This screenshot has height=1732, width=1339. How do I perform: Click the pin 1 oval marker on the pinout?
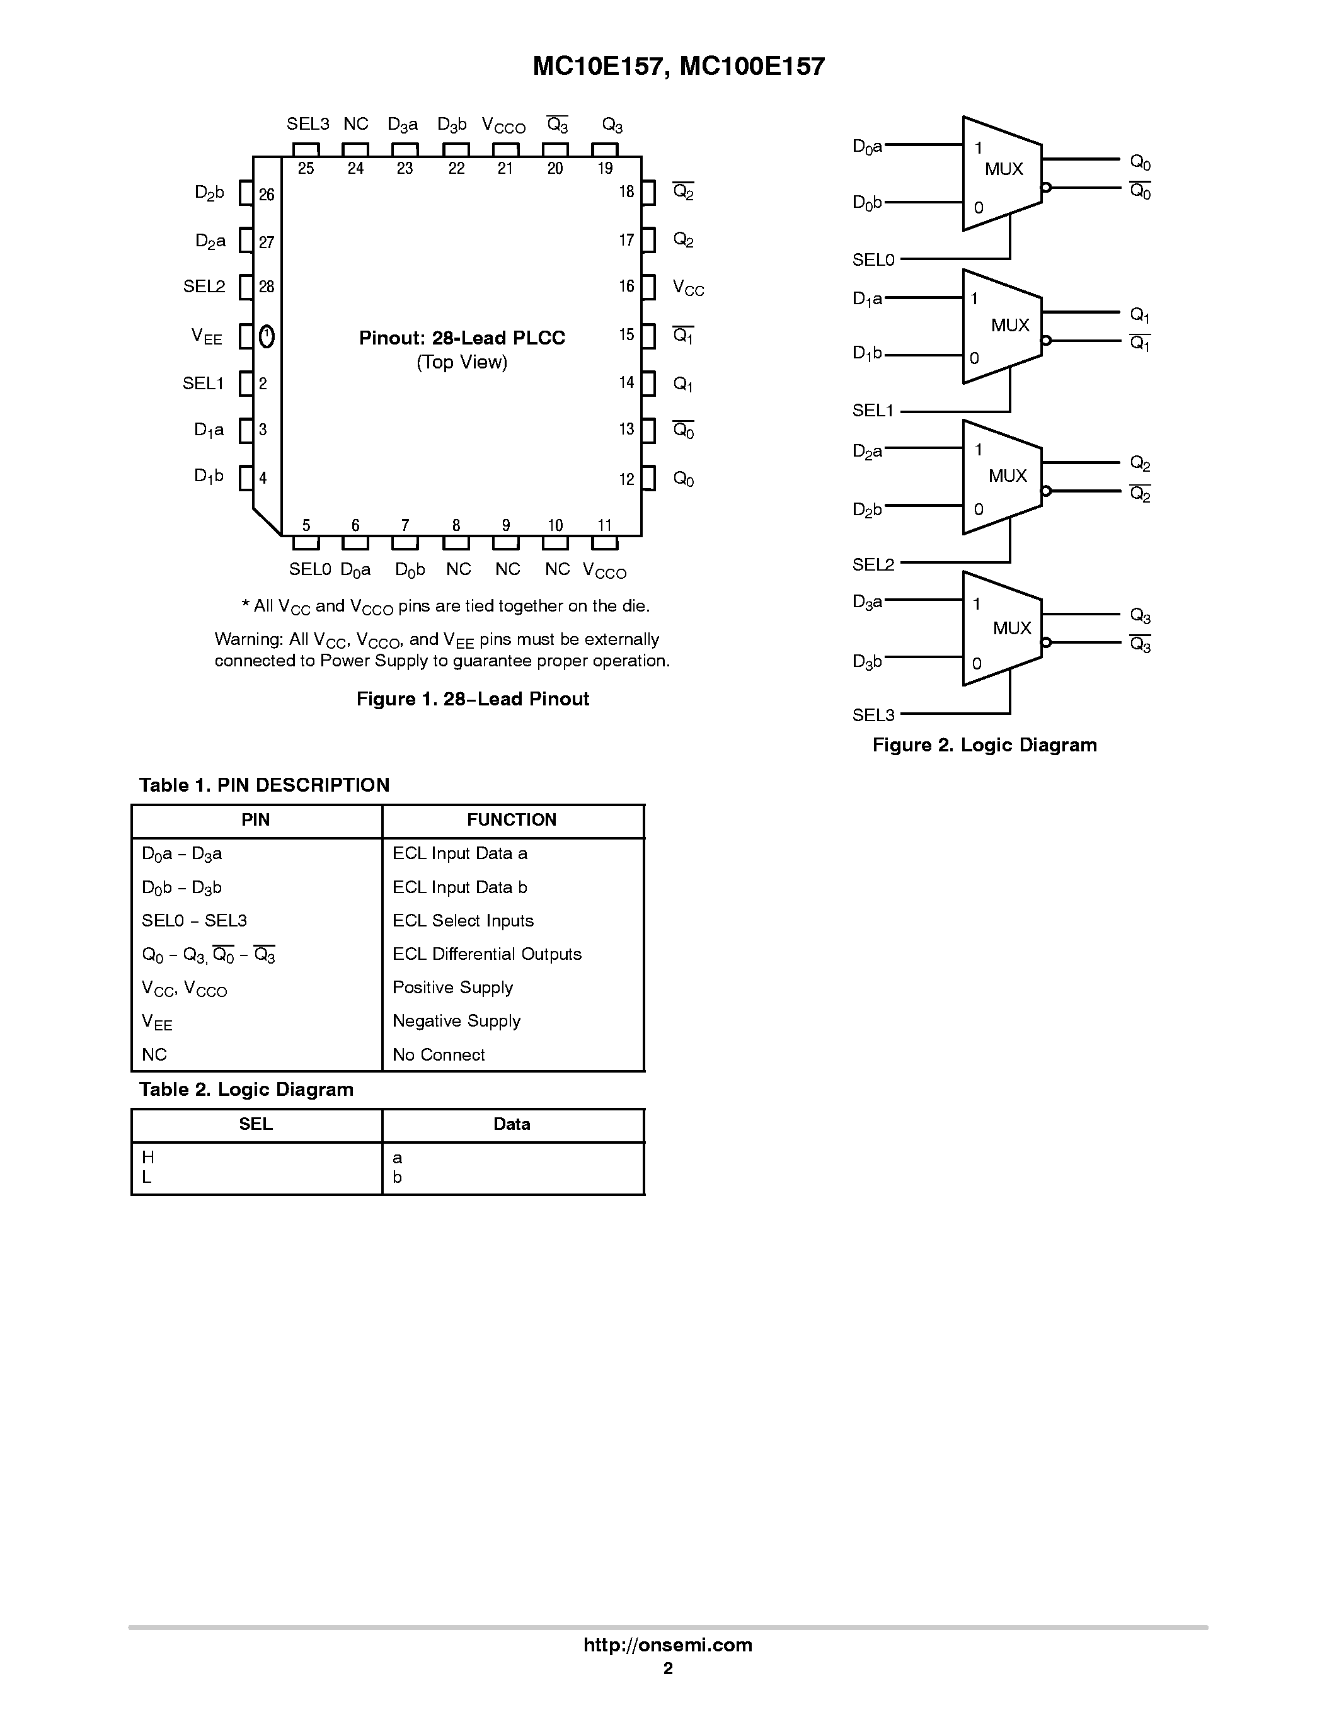(267, 337)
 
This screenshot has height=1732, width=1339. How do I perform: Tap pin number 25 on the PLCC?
(306, 168)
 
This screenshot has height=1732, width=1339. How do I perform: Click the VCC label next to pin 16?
(687, 288)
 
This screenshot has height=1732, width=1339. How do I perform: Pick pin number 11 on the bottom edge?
(604, 525)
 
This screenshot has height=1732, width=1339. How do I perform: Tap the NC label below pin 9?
(508, 569)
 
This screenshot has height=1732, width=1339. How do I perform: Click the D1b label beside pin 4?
(209, 476)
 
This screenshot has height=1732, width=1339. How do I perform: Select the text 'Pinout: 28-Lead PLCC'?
(462, 338)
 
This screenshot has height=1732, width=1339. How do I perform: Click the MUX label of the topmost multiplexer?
(1003, 169)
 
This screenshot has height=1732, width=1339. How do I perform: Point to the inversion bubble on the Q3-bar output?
(1046, 642)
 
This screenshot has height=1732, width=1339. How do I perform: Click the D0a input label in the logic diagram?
(867, 147)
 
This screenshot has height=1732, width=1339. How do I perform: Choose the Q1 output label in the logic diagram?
(1140, 316)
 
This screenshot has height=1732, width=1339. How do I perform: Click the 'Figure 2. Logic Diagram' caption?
(984, 744)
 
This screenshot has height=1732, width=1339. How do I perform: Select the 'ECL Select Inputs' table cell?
(463, 921)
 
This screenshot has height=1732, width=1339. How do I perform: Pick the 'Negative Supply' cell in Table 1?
(456, 1021)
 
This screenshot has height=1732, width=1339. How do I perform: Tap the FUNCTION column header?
(512, 820)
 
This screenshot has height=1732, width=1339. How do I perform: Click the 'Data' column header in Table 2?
(512, 1124)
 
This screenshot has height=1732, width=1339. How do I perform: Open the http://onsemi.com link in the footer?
(668, 1644)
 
